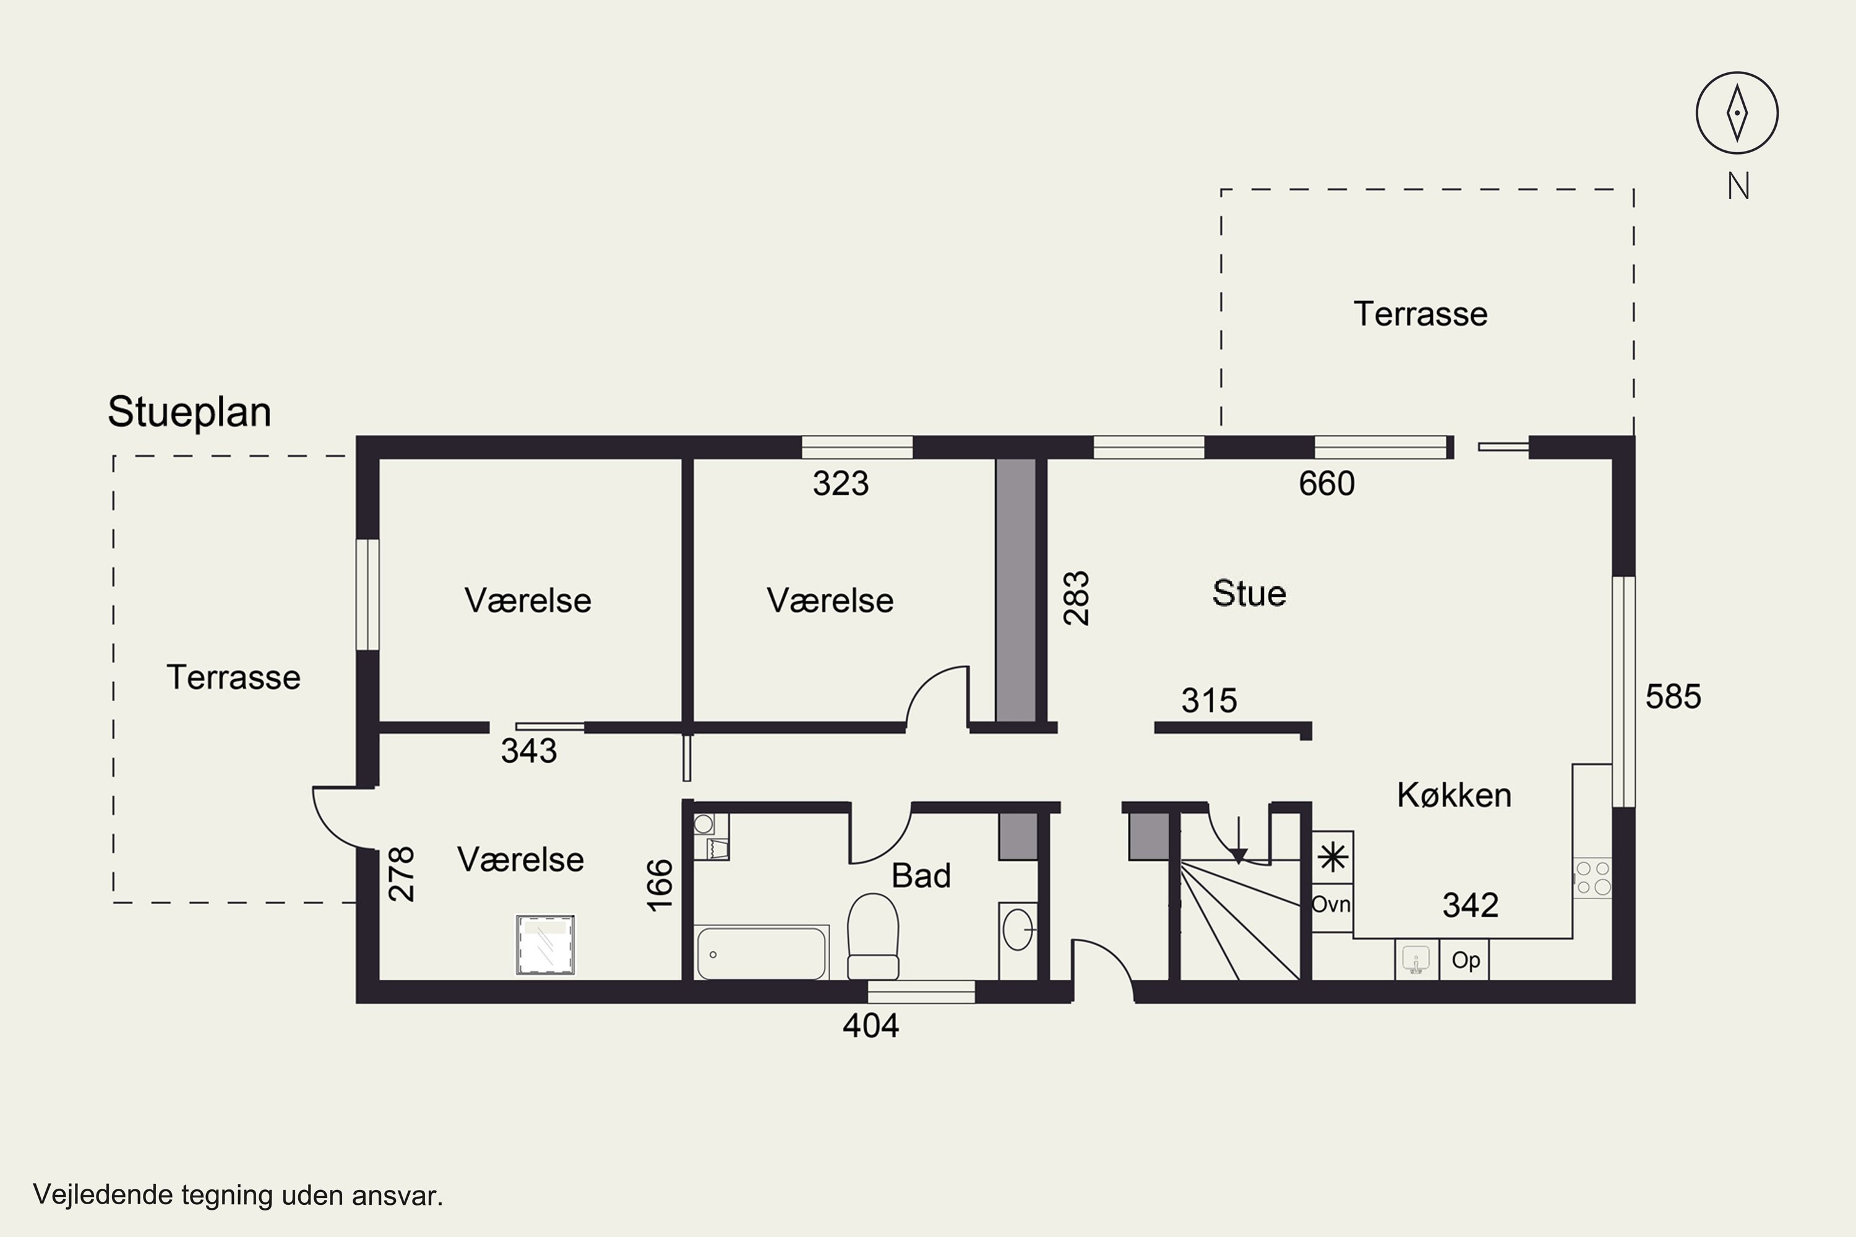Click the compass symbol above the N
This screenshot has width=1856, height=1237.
pyautogui.click(x=1737, y=113)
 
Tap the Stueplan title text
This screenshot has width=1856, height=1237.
pyautogui.click(x=189, y=412)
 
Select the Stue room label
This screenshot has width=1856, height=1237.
pyautogui.click(x=1249, y=593)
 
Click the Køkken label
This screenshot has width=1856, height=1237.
pyautogui.click(x=1454, y=794)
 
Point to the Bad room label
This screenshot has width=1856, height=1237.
pyautogui.click(x=921, y=876)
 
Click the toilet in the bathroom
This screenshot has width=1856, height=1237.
pyautogui.click(x=873, y=936)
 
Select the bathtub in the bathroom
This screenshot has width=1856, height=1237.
pyautogui.click(x=762, y=953)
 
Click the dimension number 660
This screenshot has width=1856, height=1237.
pyautogui.click(x=1326, y=484)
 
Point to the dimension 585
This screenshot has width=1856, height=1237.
pyautogui.click(x=1673, y=696)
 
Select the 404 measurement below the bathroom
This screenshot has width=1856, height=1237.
pyautogui.click(x=870, y=1025)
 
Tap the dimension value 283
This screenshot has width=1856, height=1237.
pyautogui.click(x=1076, y=598)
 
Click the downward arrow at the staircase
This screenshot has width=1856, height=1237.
pyautogui.click(x=1239, y=839)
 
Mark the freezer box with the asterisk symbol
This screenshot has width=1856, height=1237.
pyautogui.click(x=1333, y=857)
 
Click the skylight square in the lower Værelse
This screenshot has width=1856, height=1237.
pyautogui.click(x=544, y=944)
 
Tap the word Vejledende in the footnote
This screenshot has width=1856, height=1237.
pyautogui.click(x=103, y=1195)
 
